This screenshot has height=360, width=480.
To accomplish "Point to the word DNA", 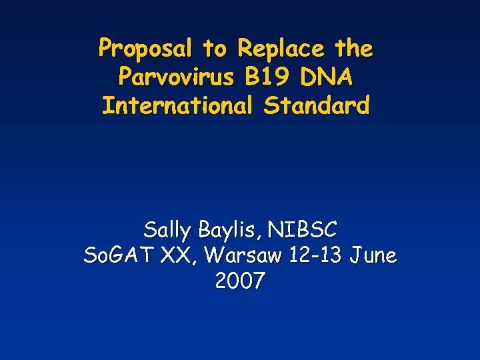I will (x=328, y=77).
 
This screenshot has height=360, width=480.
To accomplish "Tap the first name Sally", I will (x=167, y=231).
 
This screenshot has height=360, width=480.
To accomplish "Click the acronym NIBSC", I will (x=303, y=231).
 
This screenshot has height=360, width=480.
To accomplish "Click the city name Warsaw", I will (x=244, y=255).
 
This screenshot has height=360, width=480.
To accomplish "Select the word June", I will (x=373, y=255).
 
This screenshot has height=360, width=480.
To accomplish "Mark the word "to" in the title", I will (x=215, y=49).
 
